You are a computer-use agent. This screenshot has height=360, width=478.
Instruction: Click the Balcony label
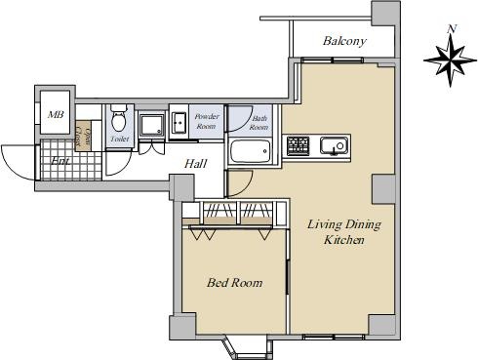pos(344,41)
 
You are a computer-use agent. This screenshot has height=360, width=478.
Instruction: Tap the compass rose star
pos(451,60)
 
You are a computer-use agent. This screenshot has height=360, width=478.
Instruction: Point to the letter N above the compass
pos(451,28)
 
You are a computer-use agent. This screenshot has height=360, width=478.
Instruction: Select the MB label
pos(56,114)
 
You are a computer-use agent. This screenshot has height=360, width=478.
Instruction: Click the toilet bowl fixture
pos(118,118)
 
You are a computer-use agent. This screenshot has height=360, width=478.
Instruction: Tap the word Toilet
pos(120,139)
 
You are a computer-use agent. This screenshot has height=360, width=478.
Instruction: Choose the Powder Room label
pos(207,121)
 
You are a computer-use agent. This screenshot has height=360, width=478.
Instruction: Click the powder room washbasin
pos(179,123)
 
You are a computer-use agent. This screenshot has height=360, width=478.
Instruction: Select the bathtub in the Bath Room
pos(251,151)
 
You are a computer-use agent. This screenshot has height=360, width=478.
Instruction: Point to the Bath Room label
pos(259,123)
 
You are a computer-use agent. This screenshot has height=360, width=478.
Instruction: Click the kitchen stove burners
pos(298,146)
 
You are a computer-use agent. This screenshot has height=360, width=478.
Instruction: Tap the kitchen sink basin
pos(334,145)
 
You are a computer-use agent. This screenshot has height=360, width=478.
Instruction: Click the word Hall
pos(195,164)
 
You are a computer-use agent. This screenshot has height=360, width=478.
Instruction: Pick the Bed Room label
pos(234,283)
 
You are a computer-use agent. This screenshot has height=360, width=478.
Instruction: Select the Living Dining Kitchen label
pos(344,232)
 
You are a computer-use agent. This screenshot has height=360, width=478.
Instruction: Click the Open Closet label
pos(83,136)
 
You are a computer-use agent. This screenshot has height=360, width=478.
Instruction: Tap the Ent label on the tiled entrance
pos(60,161)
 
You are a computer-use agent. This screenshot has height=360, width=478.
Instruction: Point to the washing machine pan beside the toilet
pos(152,125)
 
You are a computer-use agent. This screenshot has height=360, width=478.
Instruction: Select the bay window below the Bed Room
pos(244,346)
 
